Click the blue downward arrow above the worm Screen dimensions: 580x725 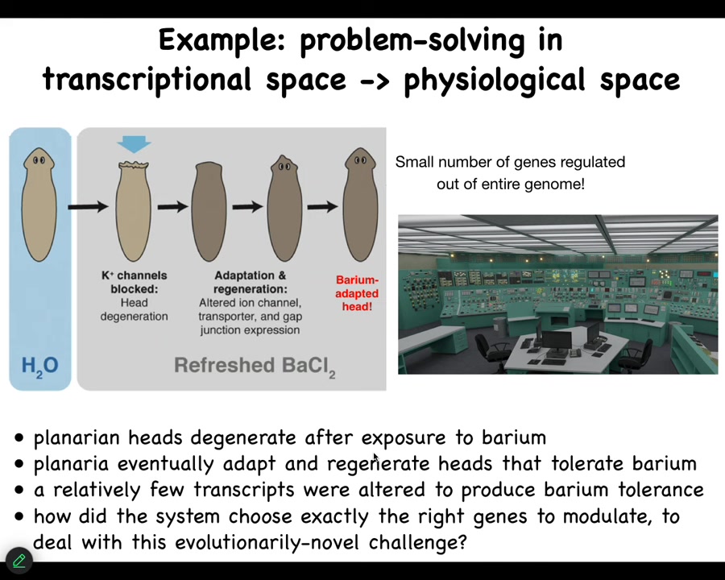[x=134, y=144]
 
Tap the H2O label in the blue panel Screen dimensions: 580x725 [x=39, y=366]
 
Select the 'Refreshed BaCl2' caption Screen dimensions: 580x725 [x=255, y=366]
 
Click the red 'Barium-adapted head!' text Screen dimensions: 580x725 [x=357, y=293]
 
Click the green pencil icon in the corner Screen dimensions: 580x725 [x=19, y=560]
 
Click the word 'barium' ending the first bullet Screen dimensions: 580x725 [x=514, y=437]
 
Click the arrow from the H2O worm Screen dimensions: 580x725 [x=87, y=207]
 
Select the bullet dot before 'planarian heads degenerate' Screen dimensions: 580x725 [x=19, y=438]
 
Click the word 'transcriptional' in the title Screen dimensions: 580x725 [x=148, y=80]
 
